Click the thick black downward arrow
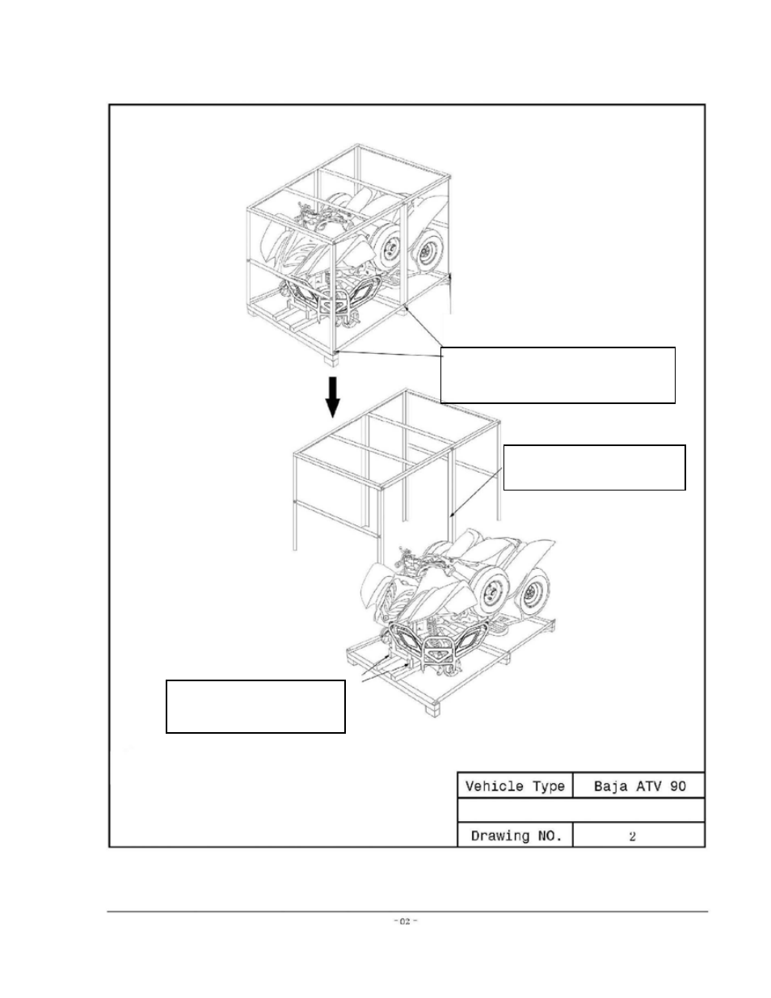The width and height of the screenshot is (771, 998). point(333,398)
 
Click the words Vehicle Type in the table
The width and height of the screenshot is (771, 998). point(515,786)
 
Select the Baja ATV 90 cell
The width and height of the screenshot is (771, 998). point(638,785)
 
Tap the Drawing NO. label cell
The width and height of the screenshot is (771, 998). point(516,836)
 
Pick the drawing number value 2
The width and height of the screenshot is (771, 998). point(632,836)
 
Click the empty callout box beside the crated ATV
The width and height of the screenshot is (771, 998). point(558,375)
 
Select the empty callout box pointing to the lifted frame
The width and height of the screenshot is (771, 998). point(595,468)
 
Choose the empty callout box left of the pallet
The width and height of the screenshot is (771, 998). point(255,706)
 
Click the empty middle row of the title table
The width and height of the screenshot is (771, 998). point(581,811)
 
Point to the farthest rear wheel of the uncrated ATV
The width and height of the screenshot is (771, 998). point(534,592)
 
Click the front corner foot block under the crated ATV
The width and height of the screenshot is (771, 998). point(331,360)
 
